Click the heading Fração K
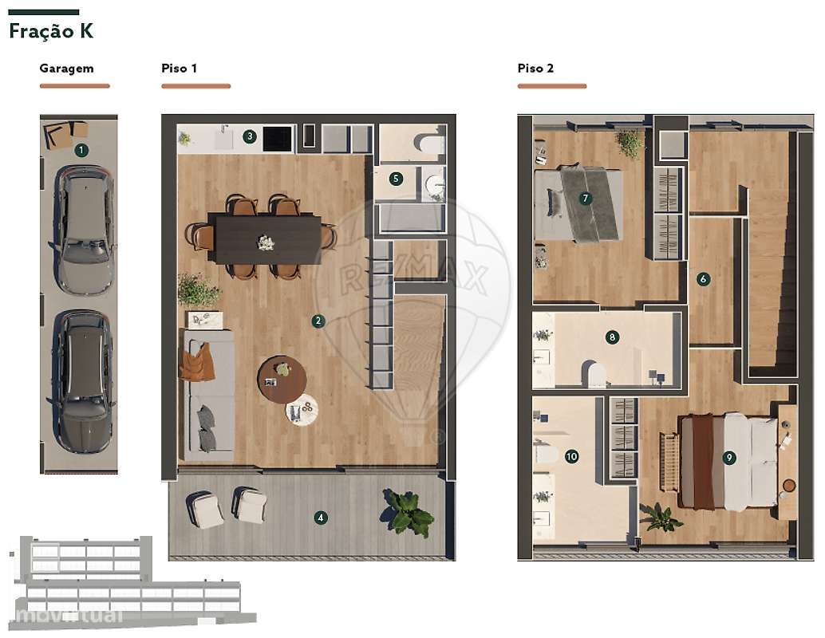pos(51,32)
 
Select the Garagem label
pos(66,69)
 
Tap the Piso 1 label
pos(180,69)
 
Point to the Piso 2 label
pos(535,69)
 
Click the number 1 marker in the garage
pos(81,149)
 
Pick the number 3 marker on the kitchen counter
pos(250,136)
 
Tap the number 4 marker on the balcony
pos(321,518)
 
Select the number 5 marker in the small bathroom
pos(396,179)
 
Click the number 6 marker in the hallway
pos(703,279)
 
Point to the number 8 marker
pos(612,337)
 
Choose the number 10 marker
pos(571,457)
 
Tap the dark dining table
pos(266,238)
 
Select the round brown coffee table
pos(282,379)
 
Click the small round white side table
pos(302,410)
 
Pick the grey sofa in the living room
pos(207,395)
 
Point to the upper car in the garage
pos(82,230)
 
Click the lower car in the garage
pos(81,380)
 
